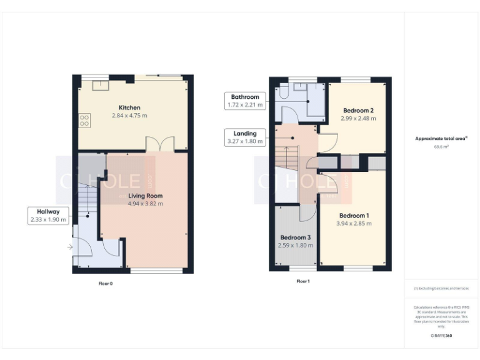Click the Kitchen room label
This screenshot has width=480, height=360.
[129, 107]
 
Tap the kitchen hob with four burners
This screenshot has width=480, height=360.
[84, 120]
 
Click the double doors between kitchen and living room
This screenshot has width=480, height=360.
[159, 144]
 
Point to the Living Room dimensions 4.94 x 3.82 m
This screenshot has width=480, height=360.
[145, 204]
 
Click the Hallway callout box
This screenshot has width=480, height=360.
[47, 216]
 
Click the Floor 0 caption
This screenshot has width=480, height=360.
[106, 284]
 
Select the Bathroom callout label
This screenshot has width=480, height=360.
[245, 101]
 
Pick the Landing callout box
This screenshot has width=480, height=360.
[245, 137]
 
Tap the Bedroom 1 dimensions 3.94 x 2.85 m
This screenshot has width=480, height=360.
[352, 223]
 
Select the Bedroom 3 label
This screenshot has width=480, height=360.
[295, 237]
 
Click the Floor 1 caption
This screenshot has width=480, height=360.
[302, 281]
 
